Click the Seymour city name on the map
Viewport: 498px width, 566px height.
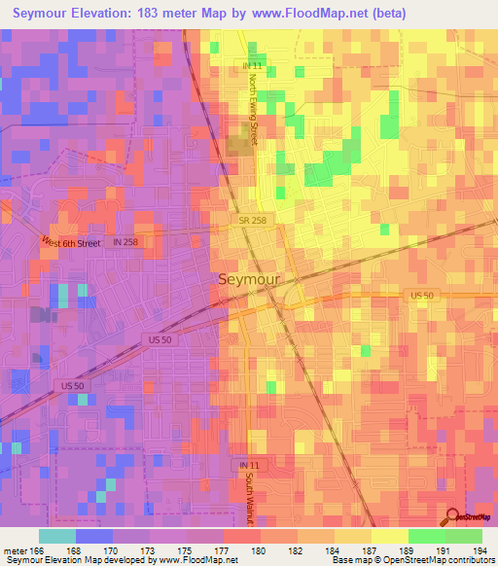[x=247, y=279]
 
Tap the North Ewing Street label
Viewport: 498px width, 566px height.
[x=252, y=110]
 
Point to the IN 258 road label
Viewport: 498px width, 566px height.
[x=126, y=241]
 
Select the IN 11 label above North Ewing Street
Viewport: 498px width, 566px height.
[x=253, y=65]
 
